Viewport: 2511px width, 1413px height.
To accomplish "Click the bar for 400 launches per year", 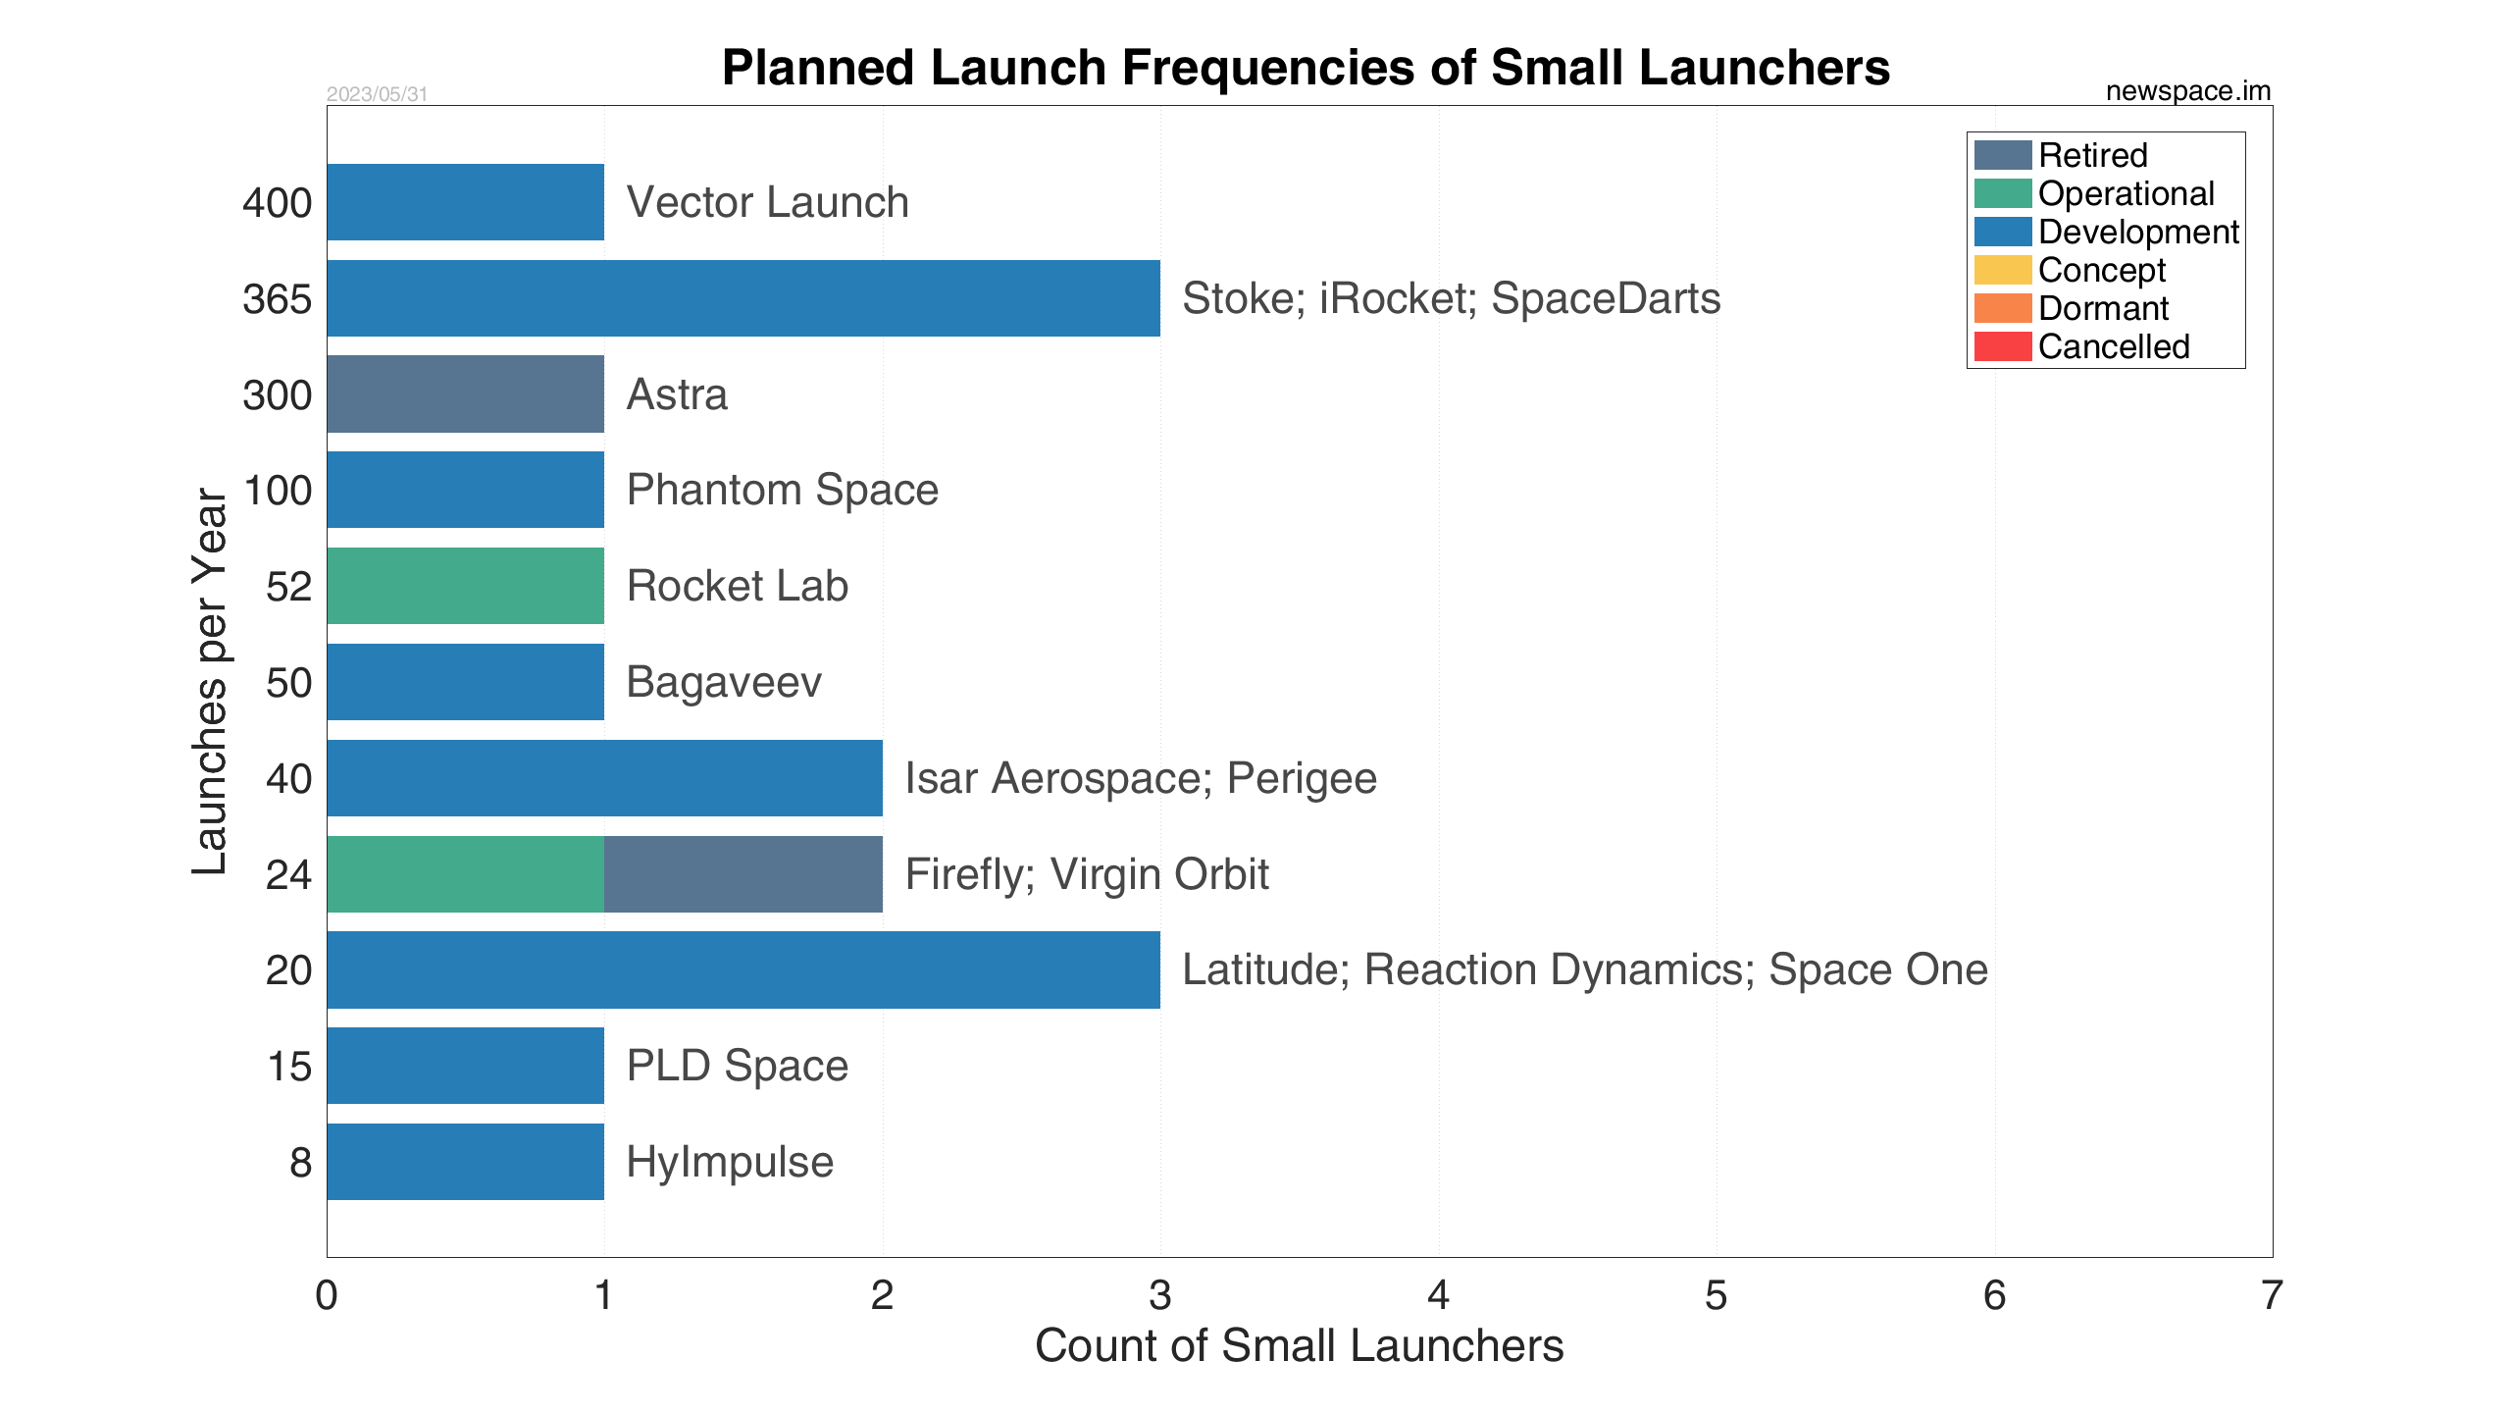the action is click(466, 202).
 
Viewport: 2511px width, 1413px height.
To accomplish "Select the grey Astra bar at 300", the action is click(466, 394).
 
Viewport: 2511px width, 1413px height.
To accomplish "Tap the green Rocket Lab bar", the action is click(466, 586).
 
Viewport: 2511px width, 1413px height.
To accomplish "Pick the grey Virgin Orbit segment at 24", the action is click(743, 874).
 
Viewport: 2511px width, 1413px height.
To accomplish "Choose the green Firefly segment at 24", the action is click(466, 874).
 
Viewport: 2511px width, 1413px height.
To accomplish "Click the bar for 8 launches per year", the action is click(466, 1162).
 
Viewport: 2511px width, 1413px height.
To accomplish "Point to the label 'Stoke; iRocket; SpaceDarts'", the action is click(1452, 298).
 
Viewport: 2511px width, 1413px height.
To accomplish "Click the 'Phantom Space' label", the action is click(783, 490).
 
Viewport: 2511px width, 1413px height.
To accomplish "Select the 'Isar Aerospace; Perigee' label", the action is click(1141, 778).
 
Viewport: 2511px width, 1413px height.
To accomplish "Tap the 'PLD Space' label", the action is click(738, 1066).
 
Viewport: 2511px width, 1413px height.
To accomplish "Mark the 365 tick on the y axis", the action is click(278, 299).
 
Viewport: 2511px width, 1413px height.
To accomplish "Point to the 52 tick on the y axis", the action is click(289, 587).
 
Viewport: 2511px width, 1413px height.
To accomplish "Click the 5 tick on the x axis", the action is click(1717, 1295).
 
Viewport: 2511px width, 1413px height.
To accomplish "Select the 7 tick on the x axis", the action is click(2272, 1295).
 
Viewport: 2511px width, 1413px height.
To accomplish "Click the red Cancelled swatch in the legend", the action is click(2003, 346).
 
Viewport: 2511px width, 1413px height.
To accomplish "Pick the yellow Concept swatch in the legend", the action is click(2003, 270).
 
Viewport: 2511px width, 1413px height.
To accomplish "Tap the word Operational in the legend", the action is click(2127, 193).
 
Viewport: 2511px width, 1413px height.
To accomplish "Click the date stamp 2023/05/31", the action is click(378, 94).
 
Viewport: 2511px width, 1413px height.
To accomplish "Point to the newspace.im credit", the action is click(2188, 91).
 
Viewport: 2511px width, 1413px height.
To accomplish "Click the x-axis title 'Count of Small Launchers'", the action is click(1300, 1345).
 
